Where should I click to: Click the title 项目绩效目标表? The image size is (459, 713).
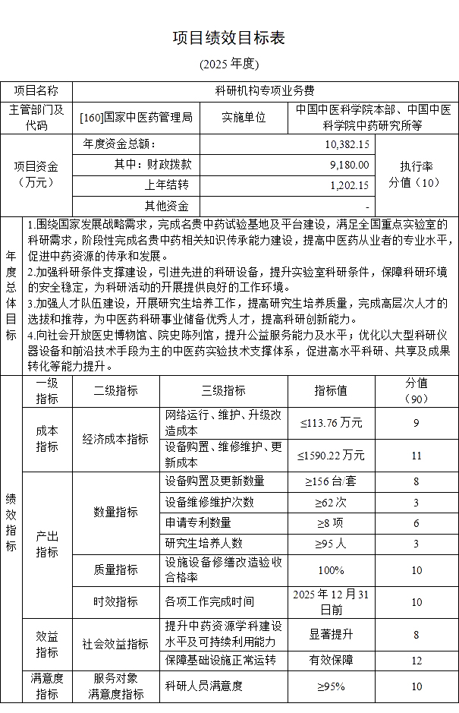click(229, 39)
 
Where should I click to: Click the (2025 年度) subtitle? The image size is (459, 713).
click(229, 64)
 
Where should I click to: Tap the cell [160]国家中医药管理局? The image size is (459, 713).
click(136, 117)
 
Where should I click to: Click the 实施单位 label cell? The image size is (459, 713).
click(244, 117)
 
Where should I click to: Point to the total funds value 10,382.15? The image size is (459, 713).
click(347, 144)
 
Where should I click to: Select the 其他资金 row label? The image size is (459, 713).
click(167, 205)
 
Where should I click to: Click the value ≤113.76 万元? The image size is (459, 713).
click(331, 423)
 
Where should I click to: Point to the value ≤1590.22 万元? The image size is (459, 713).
click(331, 456)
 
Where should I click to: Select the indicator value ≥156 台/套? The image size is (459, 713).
click(331, 481)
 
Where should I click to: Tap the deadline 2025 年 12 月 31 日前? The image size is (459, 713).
click(331, 601)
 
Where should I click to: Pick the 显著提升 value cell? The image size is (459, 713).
click(331, 635)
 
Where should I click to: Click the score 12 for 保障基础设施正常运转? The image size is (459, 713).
click(417, 661)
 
